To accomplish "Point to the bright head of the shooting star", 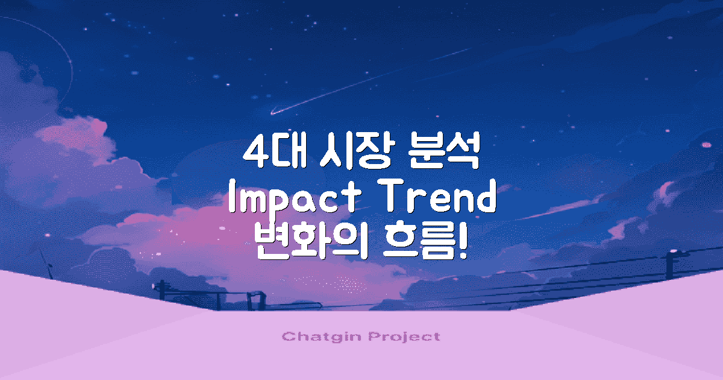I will [273, 112].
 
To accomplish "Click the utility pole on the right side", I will [669, 265].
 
